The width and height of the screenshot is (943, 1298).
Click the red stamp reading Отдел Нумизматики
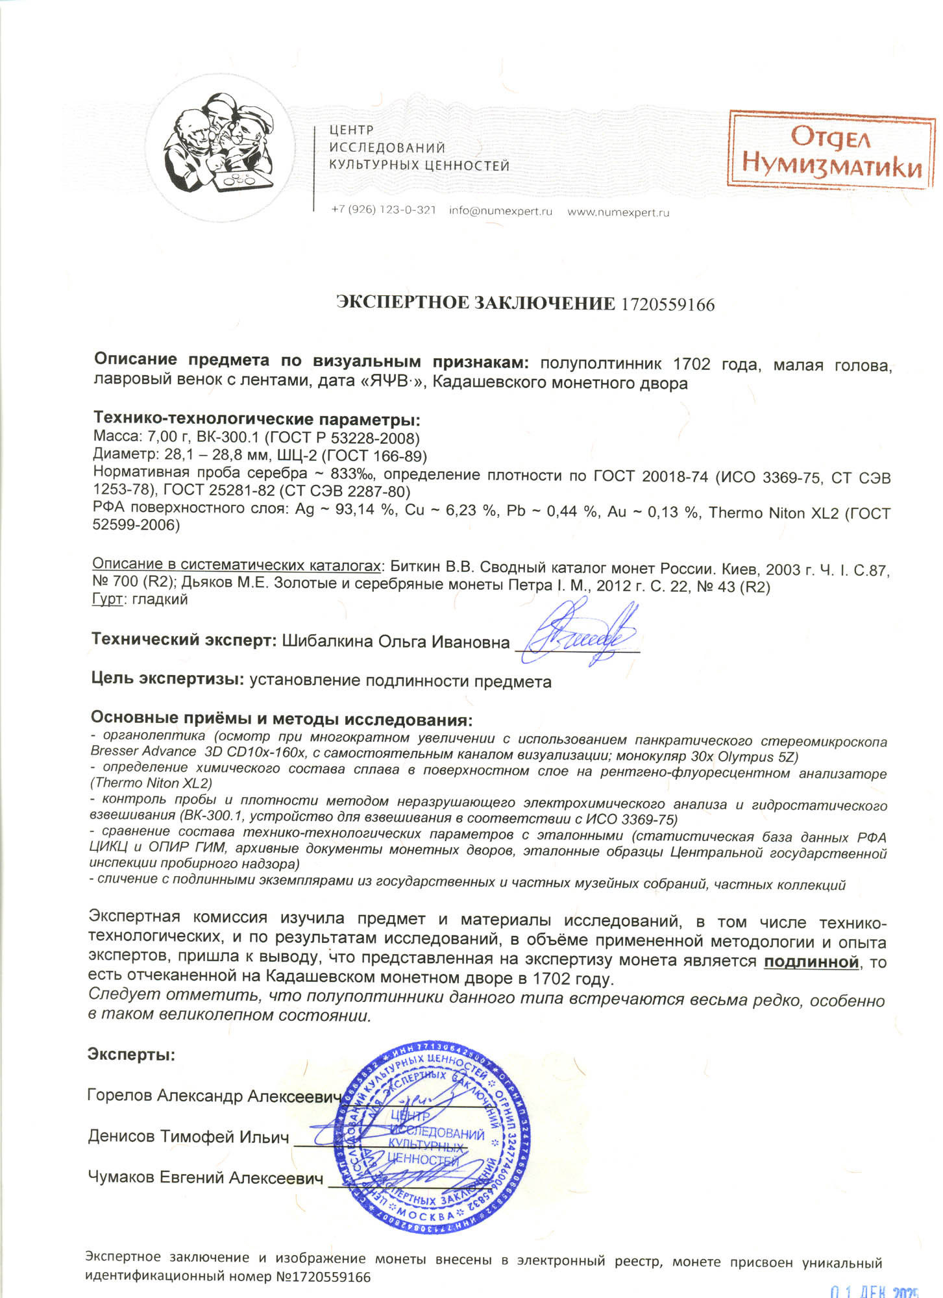click(831, 151)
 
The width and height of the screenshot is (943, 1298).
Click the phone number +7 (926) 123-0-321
click(383, 210)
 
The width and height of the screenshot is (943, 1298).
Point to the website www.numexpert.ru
click(618, 212)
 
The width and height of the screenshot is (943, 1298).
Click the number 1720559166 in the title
click(668, 304)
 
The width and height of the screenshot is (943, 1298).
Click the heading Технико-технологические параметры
click(256, 419)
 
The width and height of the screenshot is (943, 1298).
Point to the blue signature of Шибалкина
click(580, 633)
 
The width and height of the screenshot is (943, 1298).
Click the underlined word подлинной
click(811, 961)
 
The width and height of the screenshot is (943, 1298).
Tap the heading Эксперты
click(131, 1054)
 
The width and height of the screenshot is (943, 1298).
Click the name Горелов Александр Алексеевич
click(214, 1096)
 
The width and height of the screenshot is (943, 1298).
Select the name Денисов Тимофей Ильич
click(188, 1136)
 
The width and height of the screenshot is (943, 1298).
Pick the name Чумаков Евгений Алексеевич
click(205, 1177)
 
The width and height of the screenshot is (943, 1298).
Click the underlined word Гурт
click(107, 599)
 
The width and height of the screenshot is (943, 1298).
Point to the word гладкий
click(160, 599)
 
